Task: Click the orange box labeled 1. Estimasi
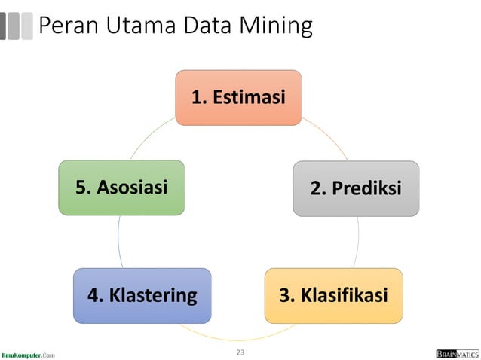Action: pos(238,98)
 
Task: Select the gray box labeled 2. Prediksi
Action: pos(356,188)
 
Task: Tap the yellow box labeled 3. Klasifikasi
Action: pos(333,295)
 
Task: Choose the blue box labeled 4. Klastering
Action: pos(142,295)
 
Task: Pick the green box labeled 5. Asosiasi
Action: pos(121,188)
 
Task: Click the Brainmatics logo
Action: pos(457,353)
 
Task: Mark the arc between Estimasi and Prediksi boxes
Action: pos(329,136)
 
